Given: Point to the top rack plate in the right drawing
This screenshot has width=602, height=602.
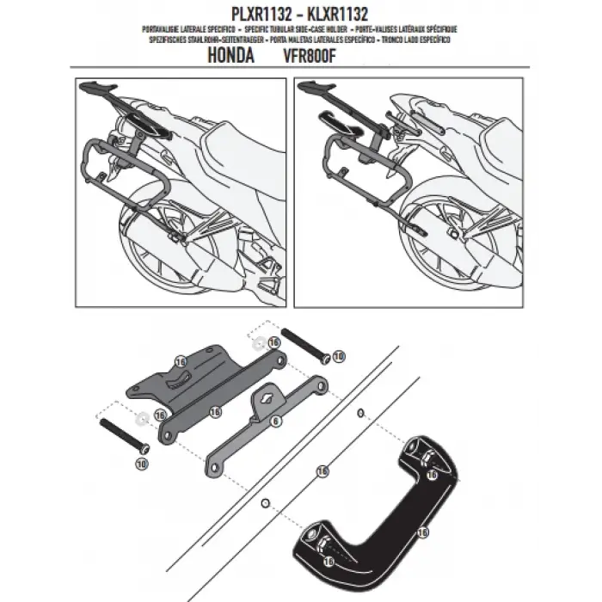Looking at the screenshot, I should [x=316, y=87].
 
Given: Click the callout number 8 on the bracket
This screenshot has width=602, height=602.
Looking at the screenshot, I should [x=274, y=422].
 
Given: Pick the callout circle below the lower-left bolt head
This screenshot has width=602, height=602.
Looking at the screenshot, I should [x=141, y=462].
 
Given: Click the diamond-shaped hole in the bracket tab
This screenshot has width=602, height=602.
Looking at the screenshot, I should [x=269, y=399].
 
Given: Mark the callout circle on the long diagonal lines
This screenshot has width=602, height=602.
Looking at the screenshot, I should [x=322, y=470].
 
